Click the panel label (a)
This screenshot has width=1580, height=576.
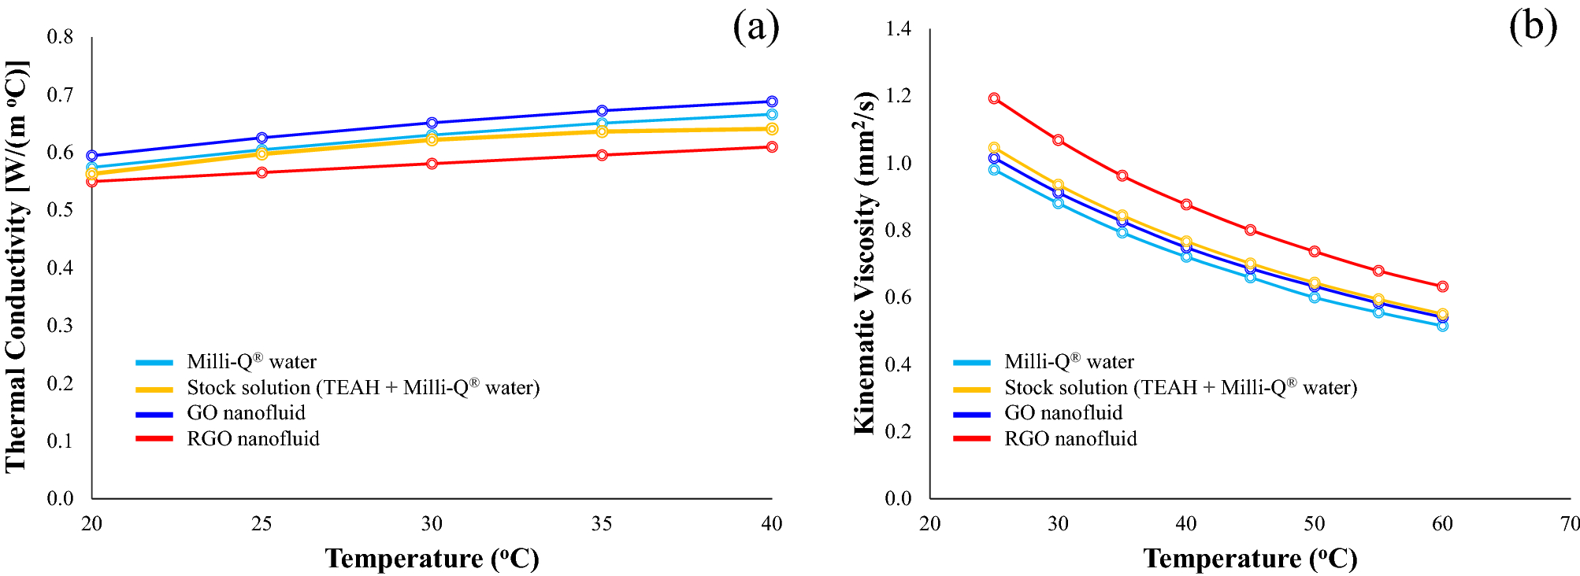pos(755,28)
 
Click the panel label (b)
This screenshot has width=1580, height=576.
pos(1533,27)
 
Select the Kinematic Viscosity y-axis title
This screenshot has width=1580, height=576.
pos(864,263)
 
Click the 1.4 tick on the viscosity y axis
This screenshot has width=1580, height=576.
pos(898,29)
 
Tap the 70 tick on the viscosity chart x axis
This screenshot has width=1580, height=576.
pos(1570,524)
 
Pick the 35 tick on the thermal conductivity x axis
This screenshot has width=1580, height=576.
pos(602,524)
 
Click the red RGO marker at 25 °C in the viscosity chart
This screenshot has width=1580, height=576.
pos(994,98)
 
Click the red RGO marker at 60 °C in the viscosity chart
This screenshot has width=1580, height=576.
pos(1442,286)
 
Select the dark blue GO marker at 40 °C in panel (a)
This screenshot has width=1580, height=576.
pos(772,102)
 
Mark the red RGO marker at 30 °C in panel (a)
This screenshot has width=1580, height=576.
pos(432,164)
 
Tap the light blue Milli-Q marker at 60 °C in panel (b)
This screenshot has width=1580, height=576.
pos(1442,326)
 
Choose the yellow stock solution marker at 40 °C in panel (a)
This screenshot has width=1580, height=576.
pos(772,129)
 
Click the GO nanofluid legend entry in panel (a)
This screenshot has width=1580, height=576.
pos(246,413)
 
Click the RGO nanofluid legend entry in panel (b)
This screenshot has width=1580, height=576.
pos(1070,439)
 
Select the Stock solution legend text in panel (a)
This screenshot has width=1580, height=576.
pos(363,388)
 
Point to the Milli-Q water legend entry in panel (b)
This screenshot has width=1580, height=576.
pos(1068,362)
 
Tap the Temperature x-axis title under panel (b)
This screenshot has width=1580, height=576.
pos(1250,559)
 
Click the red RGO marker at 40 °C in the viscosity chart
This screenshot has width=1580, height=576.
pos(1186,205)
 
